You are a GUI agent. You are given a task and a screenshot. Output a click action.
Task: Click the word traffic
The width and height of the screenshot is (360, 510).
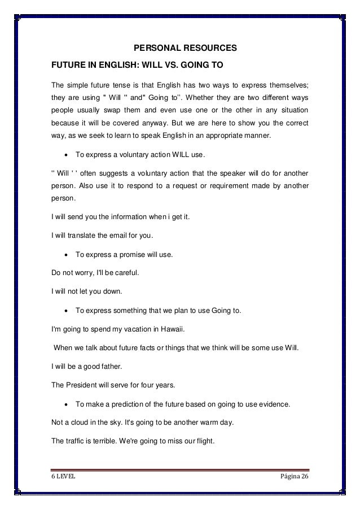[77, 444]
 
